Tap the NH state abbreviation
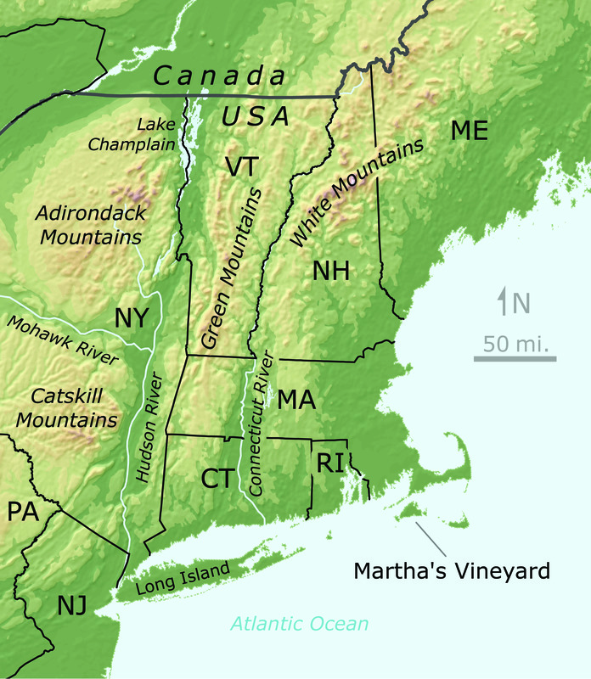(x=331, y=272)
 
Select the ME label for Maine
(x=470, y=131)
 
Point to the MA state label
(x=296, y=400)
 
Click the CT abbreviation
(x=217, y=479)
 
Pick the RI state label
(x=329, y=463)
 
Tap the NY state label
(x=132, y=318)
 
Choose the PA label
(x=24, y=512)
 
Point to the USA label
(x=256, y=117)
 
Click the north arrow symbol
(x=504, y=301)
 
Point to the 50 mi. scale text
(x=515, y=345)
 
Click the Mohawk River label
(x=61, y=340)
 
